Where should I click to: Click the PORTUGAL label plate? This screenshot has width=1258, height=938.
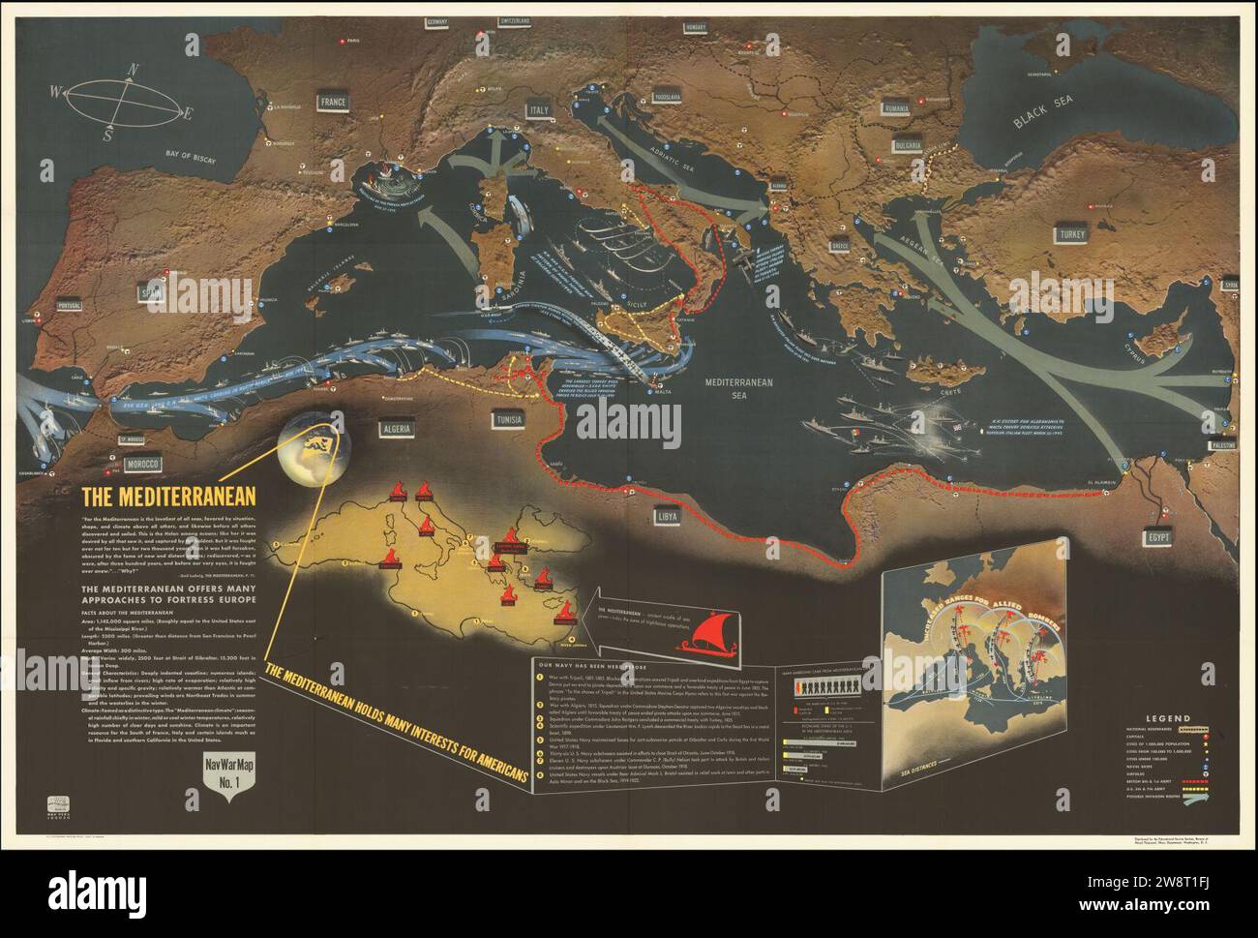tap(73, 307)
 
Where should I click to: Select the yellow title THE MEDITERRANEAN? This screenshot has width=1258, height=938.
tap(167, 497)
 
